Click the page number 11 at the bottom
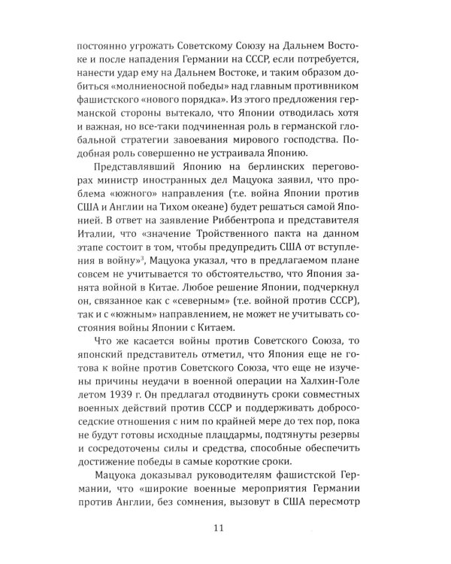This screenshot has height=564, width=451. tap(219, 528)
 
